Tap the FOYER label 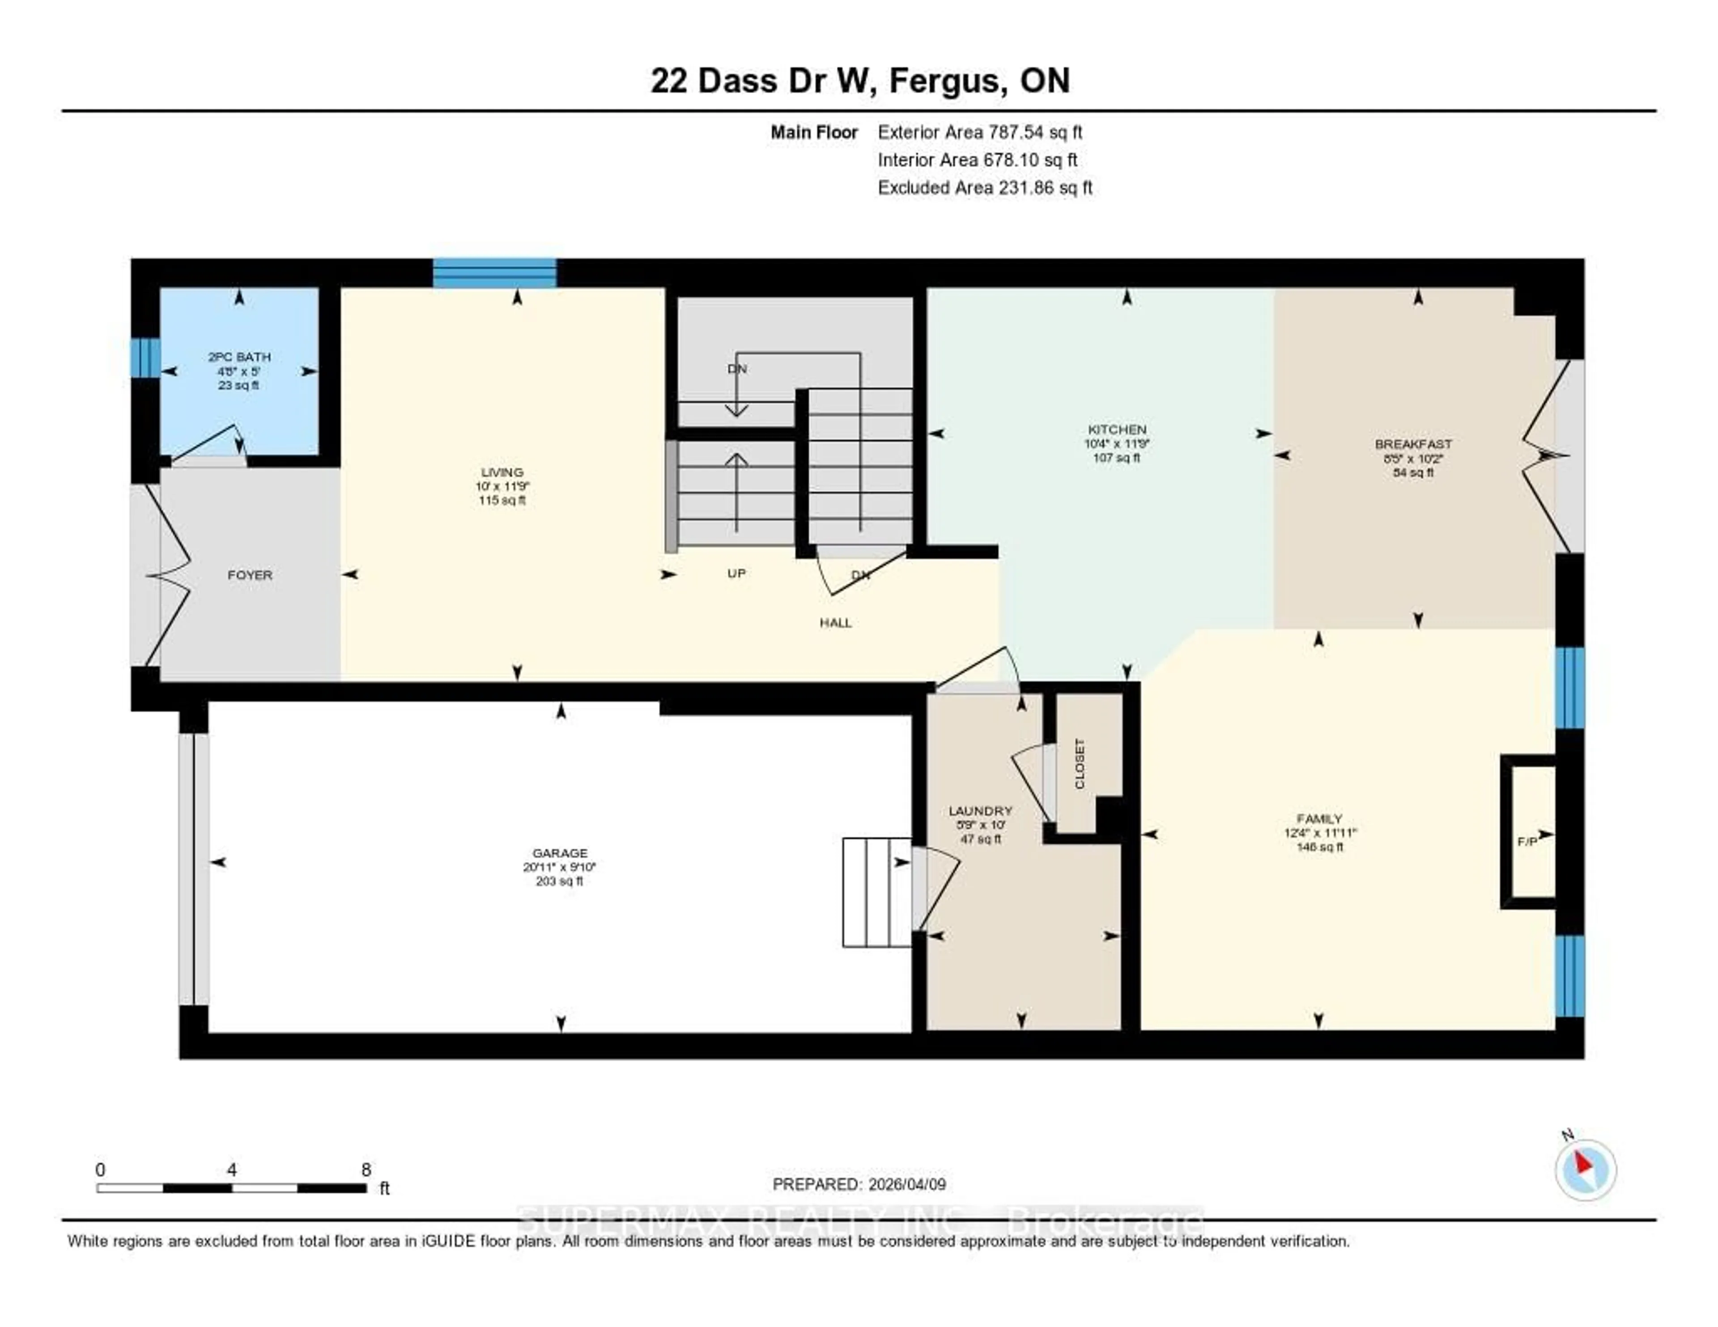click(250, 575)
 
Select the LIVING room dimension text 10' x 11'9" click(502, 486)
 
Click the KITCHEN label click(1117, 430)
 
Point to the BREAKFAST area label click(1413, 444)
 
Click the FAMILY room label click(1320, 818)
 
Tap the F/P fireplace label click(1527, 842)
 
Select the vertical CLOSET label click(1079, 763)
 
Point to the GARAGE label click(560, 853)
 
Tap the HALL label click(835, 623)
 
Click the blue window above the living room click(495, 273)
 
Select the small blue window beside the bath click(145, 358)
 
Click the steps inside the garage click(876, 892)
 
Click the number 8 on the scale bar click(366, 1170)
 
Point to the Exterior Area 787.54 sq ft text click(980, 132)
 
